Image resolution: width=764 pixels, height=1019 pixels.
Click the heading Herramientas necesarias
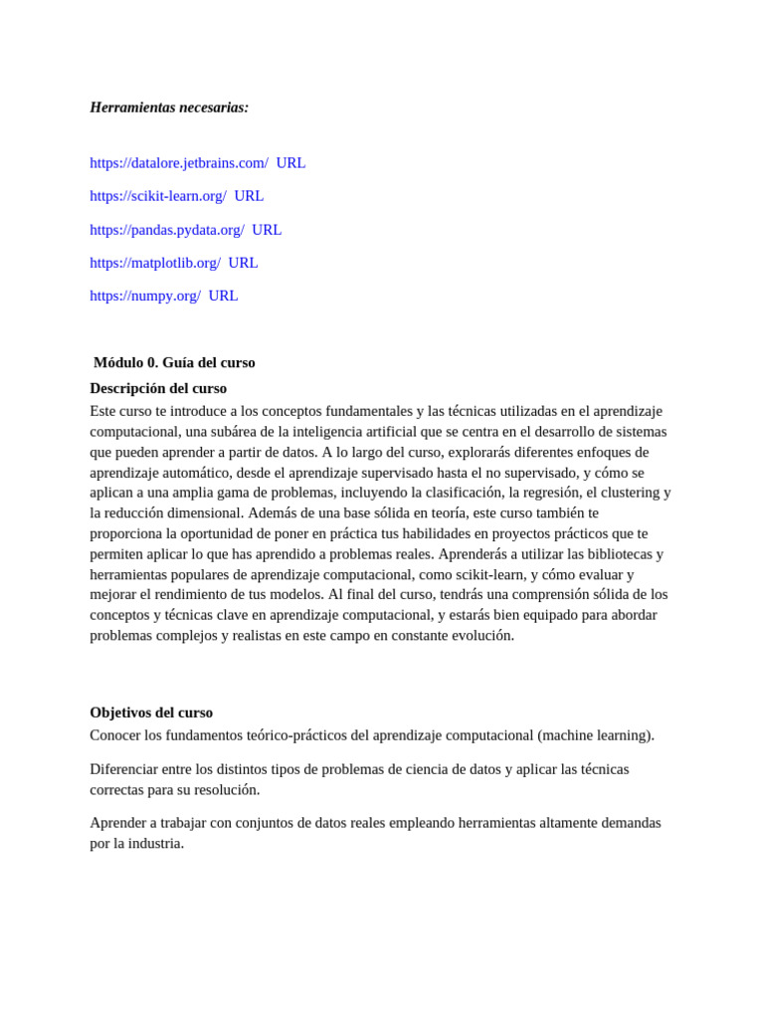click(x=169, y=107)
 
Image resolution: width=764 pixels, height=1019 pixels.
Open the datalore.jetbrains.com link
click(x=179, y=163)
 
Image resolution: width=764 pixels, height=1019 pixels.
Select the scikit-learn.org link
click(x=158, y=196)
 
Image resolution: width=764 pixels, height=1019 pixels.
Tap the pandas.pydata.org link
click(x=167, y=230)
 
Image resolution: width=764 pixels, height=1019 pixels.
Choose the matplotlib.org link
click(x=155, y=263)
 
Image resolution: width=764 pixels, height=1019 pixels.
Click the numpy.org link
click(x=145, y=296)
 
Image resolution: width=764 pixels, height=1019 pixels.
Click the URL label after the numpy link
click(x=223, y=296)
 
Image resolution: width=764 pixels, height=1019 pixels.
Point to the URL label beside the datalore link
click(x=290, y=163)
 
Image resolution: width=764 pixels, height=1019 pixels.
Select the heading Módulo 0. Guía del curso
click(x=174, y=362)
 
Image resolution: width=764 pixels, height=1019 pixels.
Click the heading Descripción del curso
click(x=158, y=388)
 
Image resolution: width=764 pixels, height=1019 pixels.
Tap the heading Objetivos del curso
click(x=151, y=713)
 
